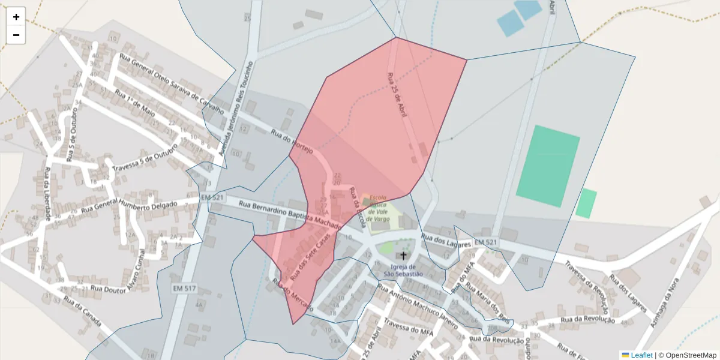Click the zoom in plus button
(16, 17)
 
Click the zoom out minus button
(16, 35)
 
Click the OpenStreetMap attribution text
(691, 355)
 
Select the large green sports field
(548, 166)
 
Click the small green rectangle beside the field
(586, 203)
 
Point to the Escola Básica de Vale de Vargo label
(378, 208)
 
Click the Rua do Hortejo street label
(292, 142)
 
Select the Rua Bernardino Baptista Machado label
(290, 214)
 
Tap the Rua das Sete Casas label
(310, 259)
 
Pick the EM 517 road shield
(185, 289)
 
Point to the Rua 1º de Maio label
(135, 104)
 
